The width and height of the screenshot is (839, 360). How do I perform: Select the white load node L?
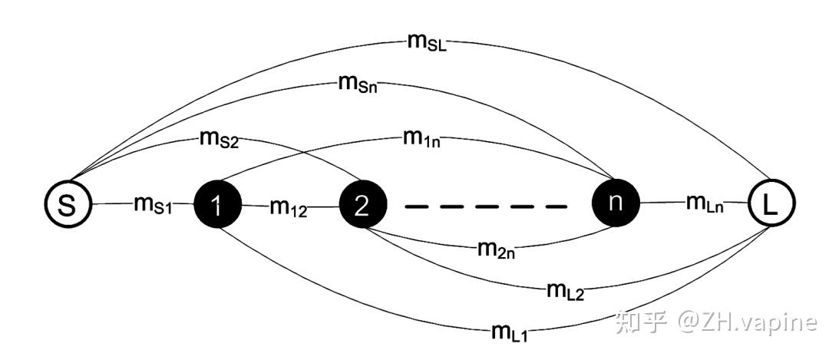(x=771, y=203)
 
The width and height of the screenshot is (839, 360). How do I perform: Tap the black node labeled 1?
(x=217, y=206)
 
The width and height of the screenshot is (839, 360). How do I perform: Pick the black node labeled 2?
(x=363, y=206)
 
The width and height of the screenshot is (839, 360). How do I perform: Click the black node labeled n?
(x=615, y=203)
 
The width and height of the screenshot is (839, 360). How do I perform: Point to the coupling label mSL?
(x=428, y=41)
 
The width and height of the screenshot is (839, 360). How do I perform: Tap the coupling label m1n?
(x=421, y=140)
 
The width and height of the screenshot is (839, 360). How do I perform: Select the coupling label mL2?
(x=566, y=290)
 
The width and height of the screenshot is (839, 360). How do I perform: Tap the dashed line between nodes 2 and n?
(x=485, y=206)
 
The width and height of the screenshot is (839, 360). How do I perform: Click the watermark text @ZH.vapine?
(x=746, y=322)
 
